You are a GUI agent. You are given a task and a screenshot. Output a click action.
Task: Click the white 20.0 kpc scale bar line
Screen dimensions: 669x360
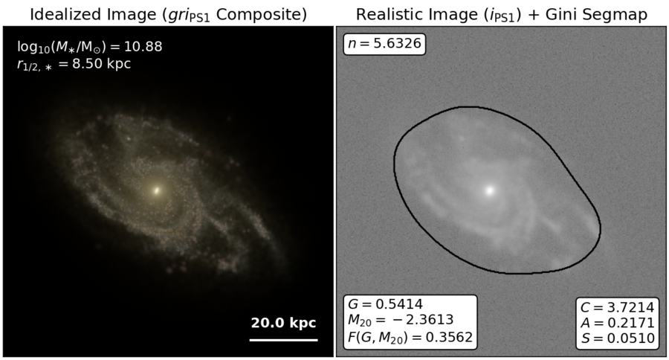point(284,340)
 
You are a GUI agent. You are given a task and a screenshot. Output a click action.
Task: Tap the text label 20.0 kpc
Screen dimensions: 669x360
point(284,323)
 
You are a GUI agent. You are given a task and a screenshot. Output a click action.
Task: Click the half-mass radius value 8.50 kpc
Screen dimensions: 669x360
point(102,64)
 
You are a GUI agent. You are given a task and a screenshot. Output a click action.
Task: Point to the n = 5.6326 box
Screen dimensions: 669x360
point(384,44)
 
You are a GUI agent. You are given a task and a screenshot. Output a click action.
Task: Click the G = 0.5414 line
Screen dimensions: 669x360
point(385,304)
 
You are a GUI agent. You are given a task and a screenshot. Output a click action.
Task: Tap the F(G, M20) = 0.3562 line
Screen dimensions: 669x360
point(410,338)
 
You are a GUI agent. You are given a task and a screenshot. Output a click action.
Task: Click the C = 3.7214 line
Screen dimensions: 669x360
point(618,307)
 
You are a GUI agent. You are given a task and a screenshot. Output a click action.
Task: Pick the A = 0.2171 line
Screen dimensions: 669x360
point(618,323)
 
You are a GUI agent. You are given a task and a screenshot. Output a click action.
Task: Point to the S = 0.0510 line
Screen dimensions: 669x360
point(618,338)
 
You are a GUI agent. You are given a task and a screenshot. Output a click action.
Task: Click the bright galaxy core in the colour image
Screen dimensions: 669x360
point(157,190)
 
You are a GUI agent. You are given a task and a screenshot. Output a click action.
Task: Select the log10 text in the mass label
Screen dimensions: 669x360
point(33,47)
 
